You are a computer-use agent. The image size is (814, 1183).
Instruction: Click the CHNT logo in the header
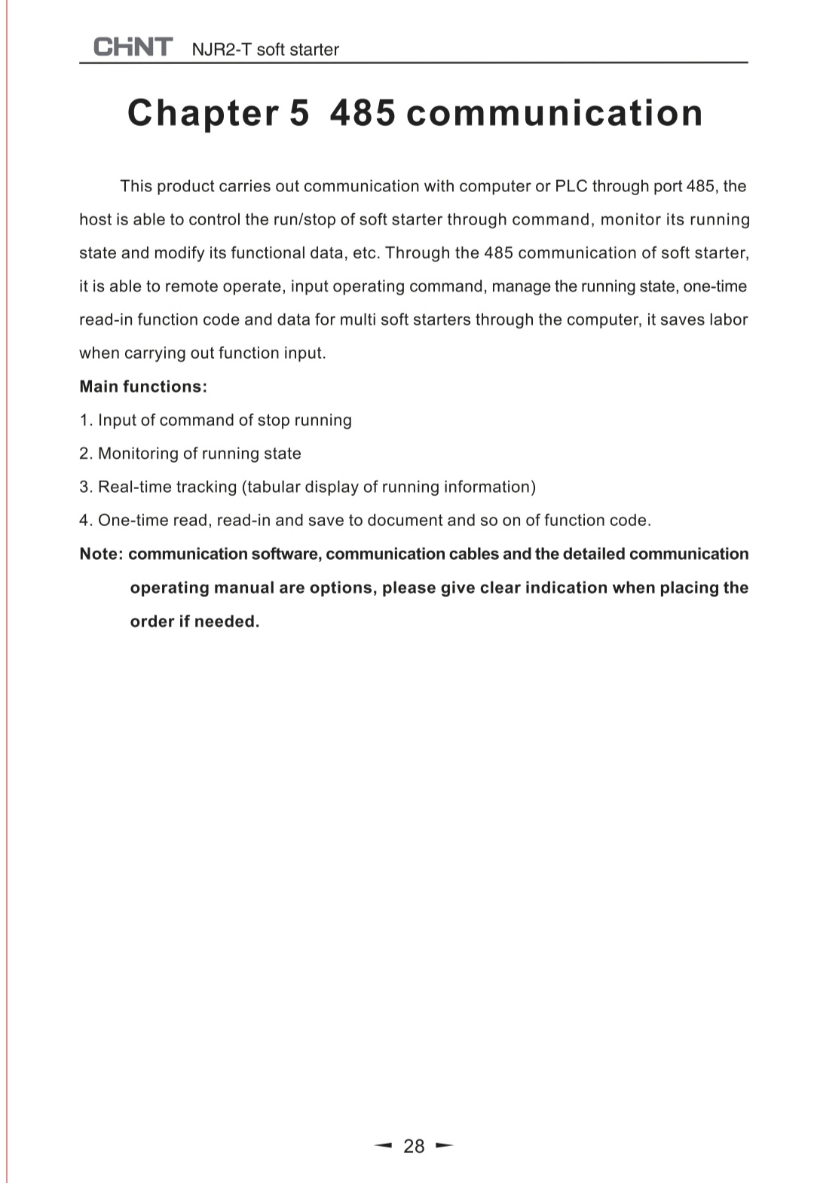[x=133, y=47]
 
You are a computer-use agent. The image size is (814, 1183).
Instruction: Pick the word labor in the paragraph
[x=728, y=319]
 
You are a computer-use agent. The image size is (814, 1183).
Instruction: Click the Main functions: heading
[x=143, y=387]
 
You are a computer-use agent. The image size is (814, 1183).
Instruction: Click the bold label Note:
[x=101, y=554]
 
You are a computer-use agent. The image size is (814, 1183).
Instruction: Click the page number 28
[x=414, y=1146]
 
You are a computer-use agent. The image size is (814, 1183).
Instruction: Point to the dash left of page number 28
[x=384, y=1146]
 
